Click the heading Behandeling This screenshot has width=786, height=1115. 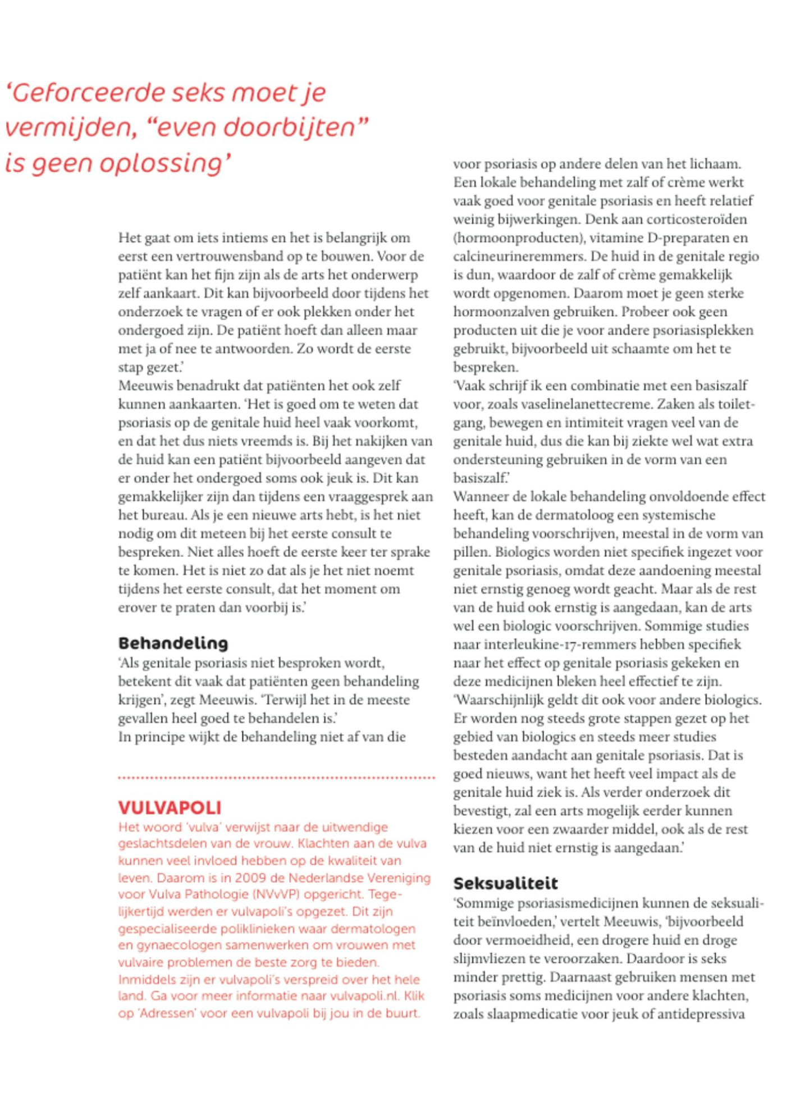(x=173, y=643)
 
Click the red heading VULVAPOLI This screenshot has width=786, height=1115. (x=170, y=808)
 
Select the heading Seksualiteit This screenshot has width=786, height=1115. (x=505, y=883)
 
